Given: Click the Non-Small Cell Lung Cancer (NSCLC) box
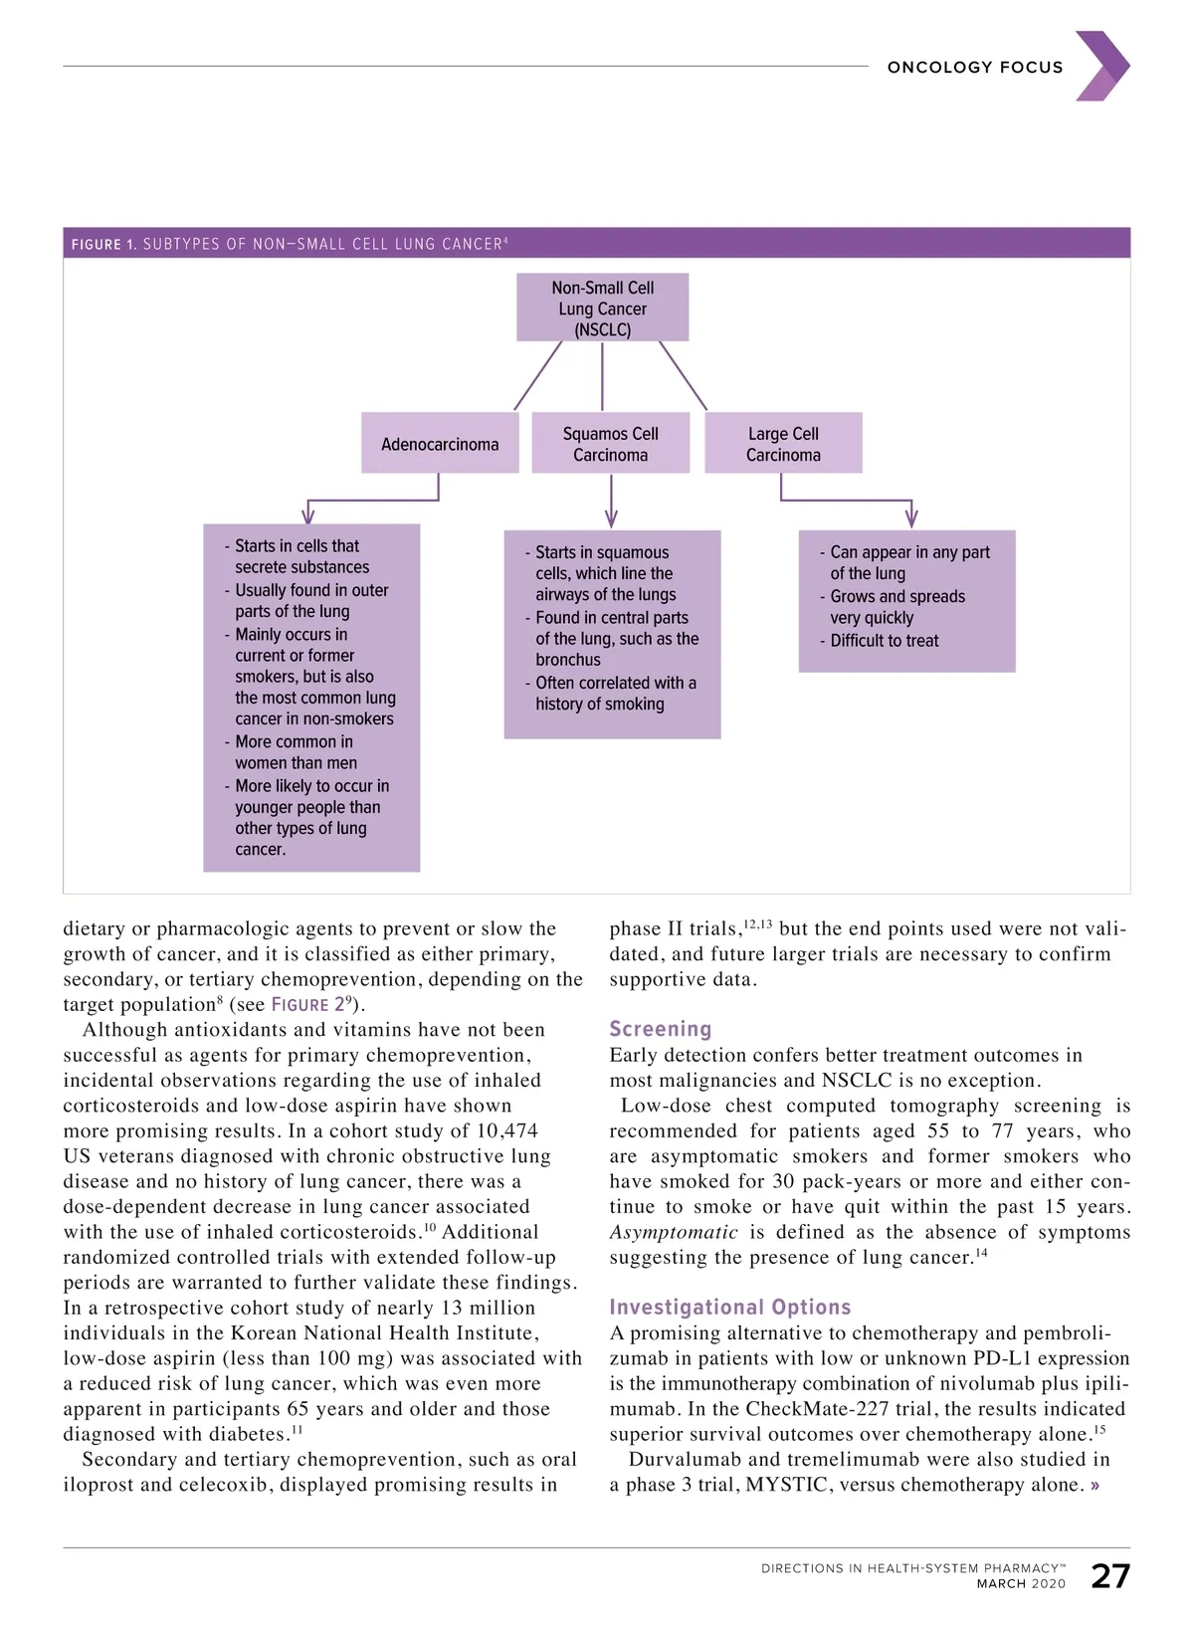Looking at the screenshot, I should (x=602, y=308).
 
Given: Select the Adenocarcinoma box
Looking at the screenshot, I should (x=440, y=444).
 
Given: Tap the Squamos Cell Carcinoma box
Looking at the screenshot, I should (x=610, y=444).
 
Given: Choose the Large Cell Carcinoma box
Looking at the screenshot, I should (x=783, y=444).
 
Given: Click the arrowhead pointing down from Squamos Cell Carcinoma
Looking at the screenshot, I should (x=611, y=518).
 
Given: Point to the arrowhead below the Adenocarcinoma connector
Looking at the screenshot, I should (x=308, y=514).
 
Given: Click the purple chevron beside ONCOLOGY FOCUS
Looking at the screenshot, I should (x=1102, y=67).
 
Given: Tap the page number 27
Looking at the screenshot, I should (x=1110, y=1576).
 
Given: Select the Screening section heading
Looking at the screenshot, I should (x=661, y=1029).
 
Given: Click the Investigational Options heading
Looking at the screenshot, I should (x=730, y=1307).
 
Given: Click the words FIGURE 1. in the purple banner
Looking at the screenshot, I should (x=103, y=244).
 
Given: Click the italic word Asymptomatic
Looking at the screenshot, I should (x=674, y=1233).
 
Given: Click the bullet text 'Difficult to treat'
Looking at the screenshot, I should (x=885, y=641).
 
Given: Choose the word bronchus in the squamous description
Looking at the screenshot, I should (x=568, y=660).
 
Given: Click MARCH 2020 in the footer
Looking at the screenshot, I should (x=1021, y=1584).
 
